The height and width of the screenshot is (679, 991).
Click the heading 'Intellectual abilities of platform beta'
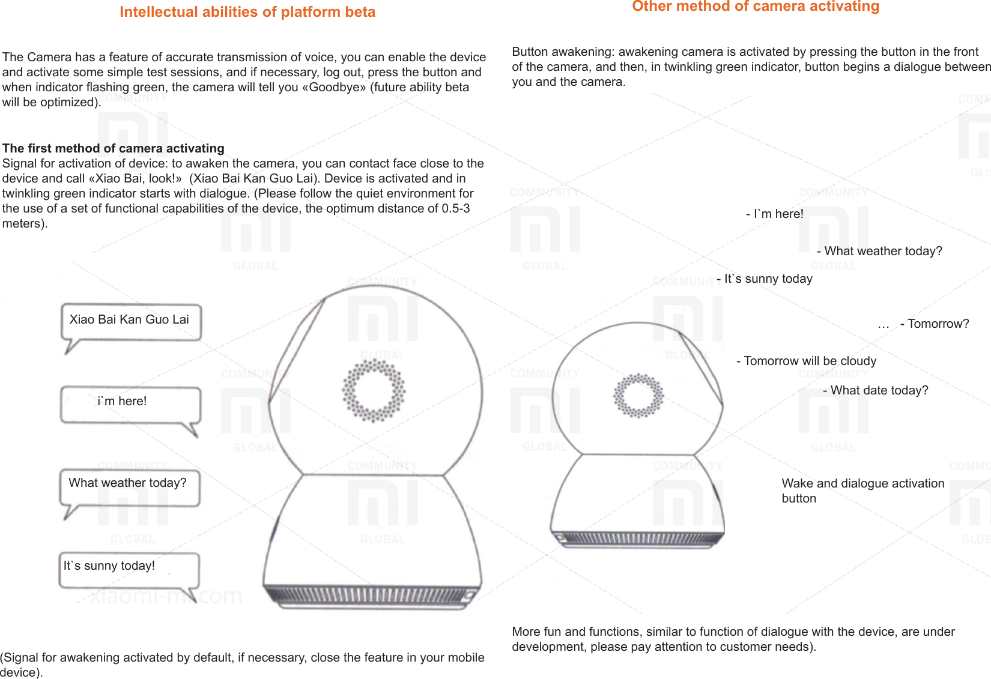pyautogui.click(x=247, y=12)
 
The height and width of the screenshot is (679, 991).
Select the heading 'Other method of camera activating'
pyautogui.click(x=756, y=7)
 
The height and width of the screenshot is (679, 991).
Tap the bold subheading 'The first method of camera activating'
pyautogui.click(x=114, y=148)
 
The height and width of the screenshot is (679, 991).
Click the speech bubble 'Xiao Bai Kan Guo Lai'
pyautogui.click(x=130, y=321)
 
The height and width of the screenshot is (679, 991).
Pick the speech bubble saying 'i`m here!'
pyautogui.click(x=130, y=403)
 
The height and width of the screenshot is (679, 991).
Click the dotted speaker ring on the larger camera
pyautogui.click(x=374, y=390)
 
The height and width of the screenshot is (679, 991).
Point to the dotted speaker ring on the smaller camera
pyautogui.click(x=638, y=395)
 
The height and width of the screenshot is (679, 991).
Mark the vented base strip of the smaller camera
pyautogui.click(x=638, y=538)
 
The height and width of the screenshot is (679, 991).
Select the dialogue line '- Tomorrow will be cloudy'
pyautogui.click(x=807, y=361)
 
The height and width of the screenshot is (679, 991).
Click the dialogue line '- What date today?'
pyautogui.click(x=876, y=390)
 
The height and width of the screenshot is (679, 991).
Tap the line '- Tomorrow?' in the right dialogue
pyautogui.click(x=935, y=324)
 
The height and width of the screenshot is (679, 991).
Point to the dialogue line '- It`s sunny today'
pyautogui.click(x=765, y=279)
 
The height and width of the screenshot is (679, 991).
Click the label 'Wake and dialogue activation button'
pyautogui.click(x=862, y=490)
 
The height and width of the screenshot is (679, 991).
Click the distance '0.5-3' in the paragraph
pyautogui.click(x=456, y=208)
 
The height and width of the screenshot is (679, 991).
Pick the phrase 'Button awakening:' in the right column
pyautogui.click(x=562, y=52)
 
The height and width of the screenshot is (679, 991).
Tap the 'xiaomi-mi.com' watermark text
pyautogui.click(x=166, y=596)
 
